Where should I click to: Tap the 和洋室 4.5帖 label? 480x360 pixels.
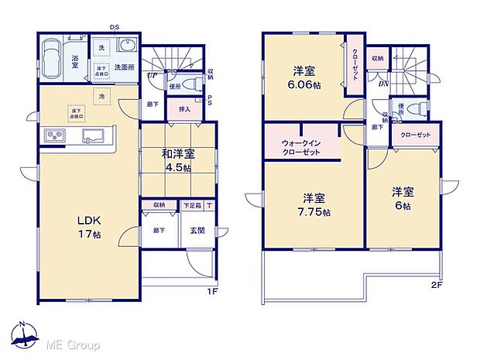(177, 159)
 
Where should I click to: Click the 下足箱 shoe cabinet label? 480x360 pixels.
(191, 205)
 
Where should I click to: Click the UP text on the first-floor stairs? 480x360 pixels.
(154, 74)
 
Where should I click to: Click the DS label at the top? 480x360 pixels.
(114, 27)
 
